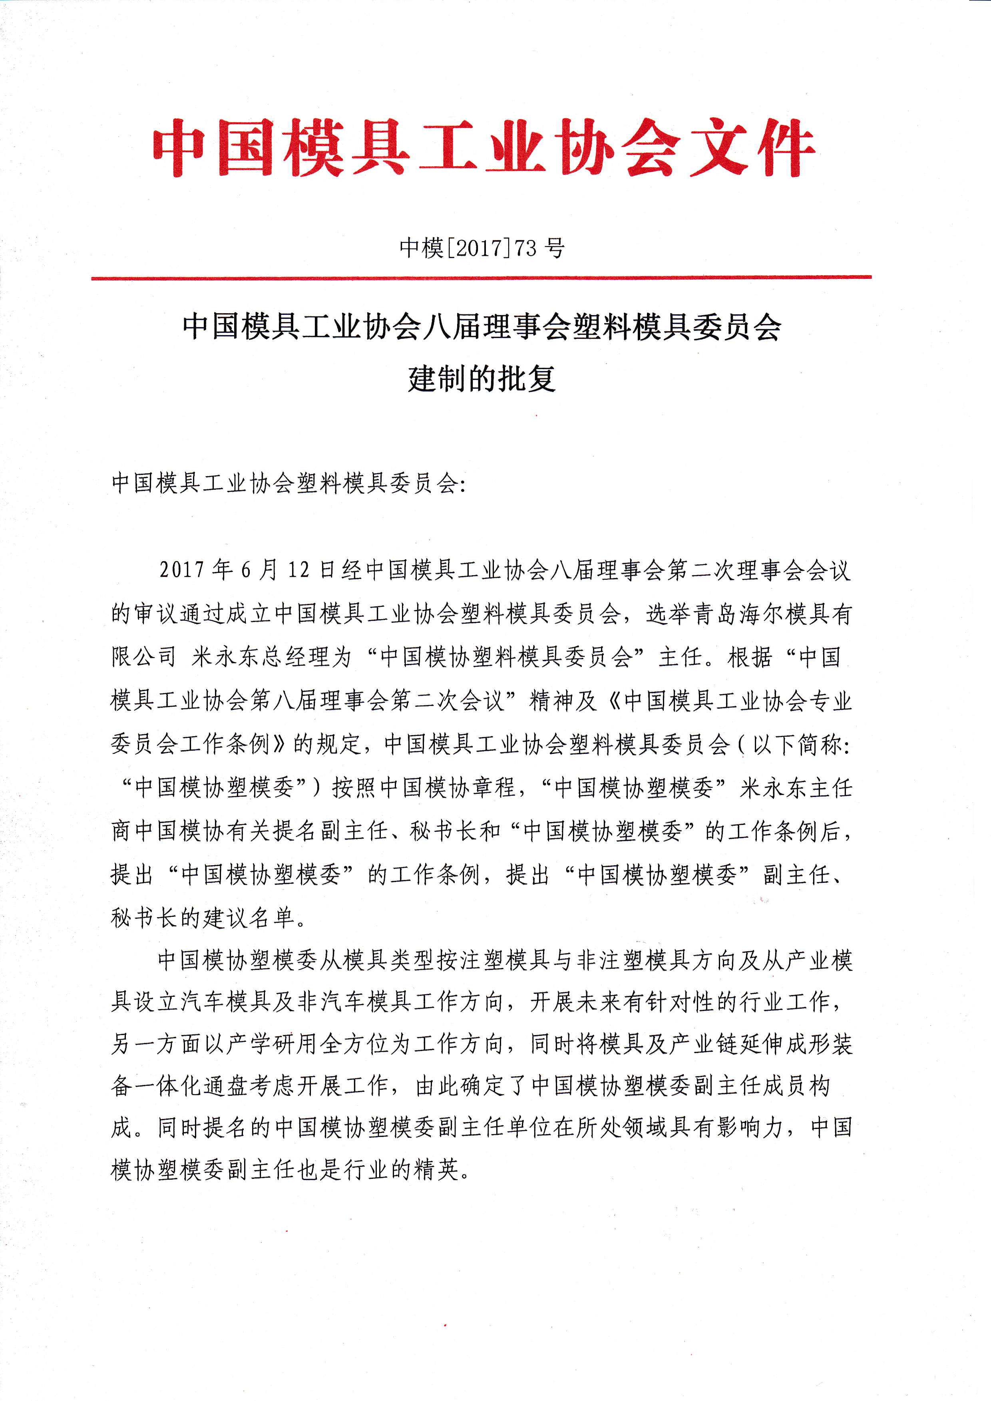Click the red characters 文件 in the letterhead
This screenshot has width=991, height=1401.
tap(752, 148)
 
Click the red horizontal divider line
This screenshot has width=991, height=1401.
tap(482, 278)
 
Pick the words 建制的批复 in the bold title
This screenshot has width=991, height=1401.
tap(482, 378)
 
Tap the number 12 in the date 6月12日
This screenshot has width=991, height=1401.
tap(299, 570)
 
